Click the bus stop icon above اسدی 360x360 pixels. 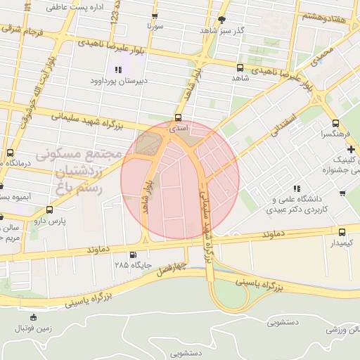coord(177,119)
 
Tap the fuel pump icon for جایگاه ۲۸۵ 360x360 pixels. coord(133,255)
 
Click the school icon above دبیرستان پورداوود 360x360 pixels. coord(118,70)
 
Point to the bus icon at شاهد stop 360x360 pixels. coord(240,68)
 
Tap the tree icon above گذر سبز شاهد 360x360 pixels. coord(223,20)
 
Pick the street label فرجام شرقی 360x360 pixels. coord(23,30)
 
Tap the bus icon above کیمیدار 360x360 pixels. coord(342,232)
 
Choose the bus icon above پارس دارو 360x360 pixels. coord(49,210)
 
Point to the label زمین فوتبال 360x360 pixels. coord(33,328)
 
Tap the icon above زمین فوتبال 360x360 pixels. coord(33,318)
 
